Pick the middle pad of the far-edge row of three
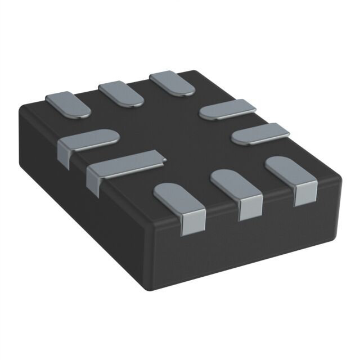(120, 93)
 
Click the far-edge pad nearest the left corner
(67, 103)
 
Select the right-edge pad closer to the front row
(260, 133)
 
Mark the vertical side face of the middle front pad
(251, 210)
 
